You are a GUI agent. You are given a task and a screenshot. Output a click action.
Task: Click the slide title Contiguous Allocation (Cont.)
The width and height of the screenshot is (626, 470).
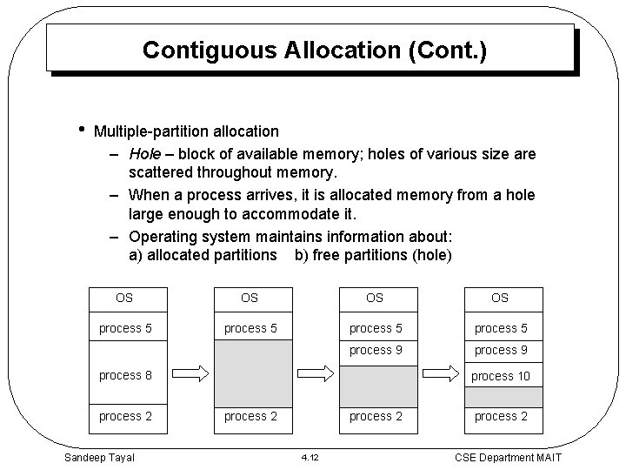click(314, 50)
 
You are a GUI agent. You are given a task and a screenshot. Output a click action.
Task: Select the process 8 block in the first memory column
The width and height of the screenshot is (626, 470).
click(125, 375)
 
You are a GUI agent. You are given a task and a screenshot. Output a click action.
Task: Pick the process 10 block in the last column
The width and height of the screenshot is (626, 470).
click(500, 375)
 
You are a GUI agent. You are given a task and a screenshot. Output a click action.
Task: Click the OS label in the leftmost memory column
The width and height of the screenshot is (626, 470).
click(124, 298)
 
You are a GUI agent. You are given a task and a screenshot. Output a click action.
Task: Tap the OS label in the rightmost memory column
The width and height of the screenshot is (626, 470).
click(500, 298)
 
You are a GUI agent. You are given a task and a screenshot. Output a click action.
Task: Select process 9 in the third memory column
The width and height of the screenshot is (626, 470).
click(375, 350)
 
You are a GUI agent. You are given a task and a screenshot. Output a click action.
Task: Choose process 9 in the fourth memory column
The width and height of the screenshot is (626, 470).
click(500, 350)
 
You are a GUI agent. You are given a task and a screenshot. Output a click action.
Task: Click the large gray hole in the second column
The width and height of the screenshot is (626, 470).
click(250, 370)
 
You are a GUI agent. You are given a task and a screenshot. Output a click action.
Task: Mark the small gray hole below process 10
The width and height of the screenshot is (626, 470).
click(503, 396)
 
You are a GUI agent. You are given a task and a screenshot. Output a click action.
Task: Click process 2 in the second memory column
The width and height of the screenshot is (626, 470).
click(250, 416)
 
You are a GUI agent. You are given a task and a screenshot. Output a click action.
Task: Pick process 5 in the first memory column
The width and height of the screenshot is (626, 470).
click(125, 328)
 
